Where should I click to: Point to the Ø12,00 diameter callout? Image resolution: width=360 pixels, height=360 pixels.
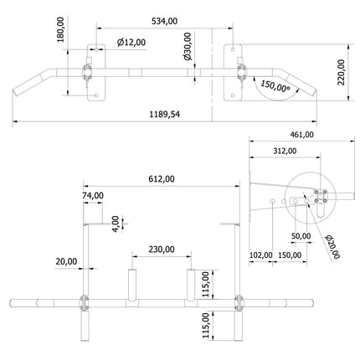click(x=131, y=42)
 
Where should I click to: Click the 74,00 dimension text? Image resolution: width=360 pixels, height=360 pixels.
click(x=93, y=195)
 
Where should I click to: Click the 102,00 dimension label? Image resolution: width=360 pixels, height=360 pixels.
click(x=261, y=255)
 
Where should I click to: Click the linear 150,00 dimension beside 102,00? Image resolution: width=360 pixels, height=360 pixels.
click(x=291, y=255)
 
